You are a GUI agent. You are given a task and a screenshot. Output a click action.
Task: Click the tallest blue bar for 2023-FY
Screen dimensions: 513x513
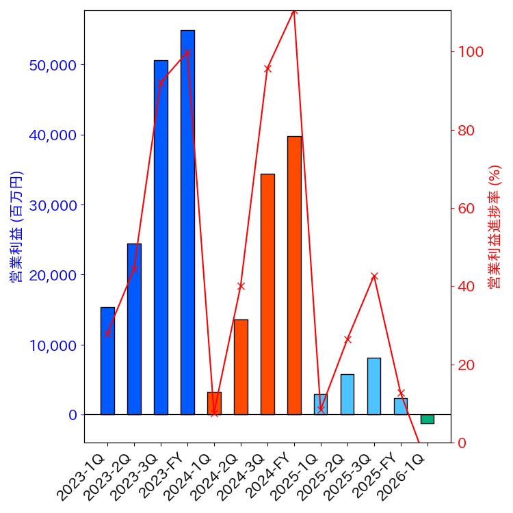(x=187, y=222)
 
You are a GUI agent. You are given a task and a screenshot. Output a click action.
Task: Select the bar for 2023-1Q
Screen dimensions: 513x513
(x=107, y=360)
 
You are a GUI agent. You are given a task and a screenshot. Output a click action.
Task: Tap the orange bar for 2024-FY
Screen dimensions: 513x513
(x=294, y=275)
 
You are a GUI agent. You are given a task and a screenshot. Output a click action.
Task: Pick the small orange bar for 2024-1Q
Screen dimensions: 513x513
(x=214, y=403)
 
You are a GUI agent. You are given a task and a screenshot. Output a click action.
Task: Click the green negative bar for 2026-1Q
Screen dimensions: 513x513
(x=428, y=419)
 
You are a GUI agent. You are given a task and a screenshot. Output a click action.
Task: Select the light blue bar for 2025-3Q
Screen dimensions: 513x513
(x=374, y=386)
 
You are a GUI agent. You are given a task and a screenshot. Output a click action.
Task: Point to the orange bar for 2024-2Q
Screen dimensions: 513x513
(x=241, y=367)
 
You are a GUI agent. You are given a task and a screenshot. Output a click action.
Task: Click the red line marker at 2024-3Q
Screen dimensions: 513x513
(x=267, y=68)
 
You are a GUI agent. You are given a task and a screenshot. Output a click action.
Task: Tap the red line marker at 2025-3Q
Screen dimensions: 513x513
(x=374, y=276)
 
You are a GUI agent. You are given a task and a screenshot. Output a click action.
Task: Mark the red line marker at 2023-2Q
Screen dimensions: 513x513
(x=134, y=268)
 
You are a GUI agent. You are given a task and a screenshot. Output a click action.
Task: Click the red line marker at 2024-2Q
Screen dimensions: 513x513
(x=241, y=286)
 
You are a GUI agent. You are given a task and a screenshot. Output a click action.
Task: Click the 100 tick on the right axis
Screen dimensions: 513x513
(x=471, y=52)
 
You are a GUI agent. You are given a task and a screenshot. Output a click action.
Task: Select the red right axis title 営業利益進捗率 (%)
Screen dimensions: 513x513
(x=495, y=226)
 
